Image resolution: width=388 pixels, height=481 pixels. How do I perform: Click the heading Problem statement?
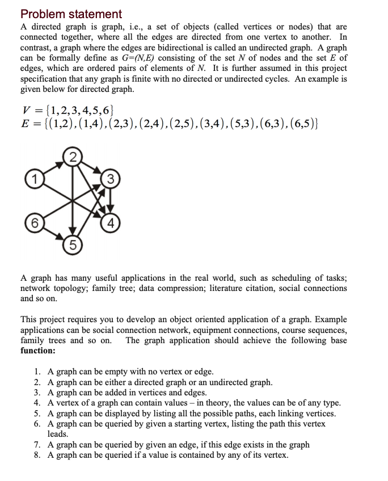[x=71, y=14]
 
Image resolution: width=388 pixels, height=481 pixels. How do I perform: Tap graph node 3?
[x=112, y=180]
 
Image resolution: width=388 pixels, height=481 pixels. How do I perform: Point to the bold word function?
[x=38, y=351]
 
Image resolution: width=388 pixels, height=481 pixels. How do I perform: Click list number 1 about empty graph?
[x=37, y=372]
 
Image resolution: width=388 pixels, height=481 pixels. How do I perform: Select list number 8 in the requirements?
[x=37, y=455]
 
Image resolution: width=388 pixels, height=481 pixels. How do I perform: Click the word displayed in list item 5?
[x=117, y=413]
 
